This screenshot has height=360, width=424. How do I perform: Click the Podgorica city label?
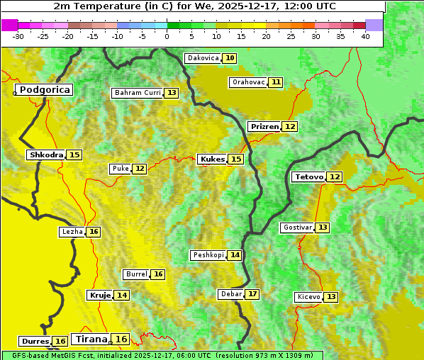coord(44,90)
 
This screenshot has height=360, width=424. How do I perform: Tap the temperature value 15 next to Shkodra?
coord(74,154)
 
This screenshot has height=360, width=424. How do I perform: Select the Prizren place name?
coord(264,127)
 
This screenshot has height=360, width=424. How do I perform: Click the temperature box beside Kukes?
coord(236,159)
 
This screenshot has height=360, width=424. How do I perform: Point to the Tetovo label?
coord(309,176)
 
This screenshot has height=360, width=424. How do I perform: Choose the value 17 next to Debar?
coord(252,294)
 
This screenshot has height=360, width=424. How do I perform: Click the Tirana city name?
coord(90,339)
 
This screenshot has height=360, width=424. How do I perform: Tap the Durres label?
coord(35,342)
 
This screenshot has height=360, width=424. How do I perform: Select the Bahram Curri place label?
coord(138,93)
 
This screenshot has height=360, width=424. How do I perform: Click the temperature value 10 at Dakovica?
coord(230,58)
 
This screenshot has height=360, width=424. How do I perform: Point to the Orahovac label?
coord(248,82)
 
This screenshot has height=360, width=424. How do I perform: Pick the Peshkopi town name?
coord(208,255)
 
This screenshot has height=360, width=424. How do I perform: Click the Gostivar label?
coord(297,227)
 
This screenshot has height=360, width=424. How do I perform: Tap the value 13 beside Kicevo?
coord(331,297)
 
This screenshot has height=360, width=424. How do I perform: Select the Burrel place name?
coord(136,274)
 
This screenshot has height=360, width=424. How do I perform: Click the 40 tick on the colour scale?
coord(365,36)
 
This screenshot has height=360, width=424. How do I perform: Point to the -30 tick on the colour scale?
coord(18,36)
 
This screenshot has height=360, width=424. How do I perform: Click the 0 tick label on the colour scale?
coord(167,36)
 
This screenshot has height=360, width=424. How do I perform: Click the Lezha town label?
coord(72,232)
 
